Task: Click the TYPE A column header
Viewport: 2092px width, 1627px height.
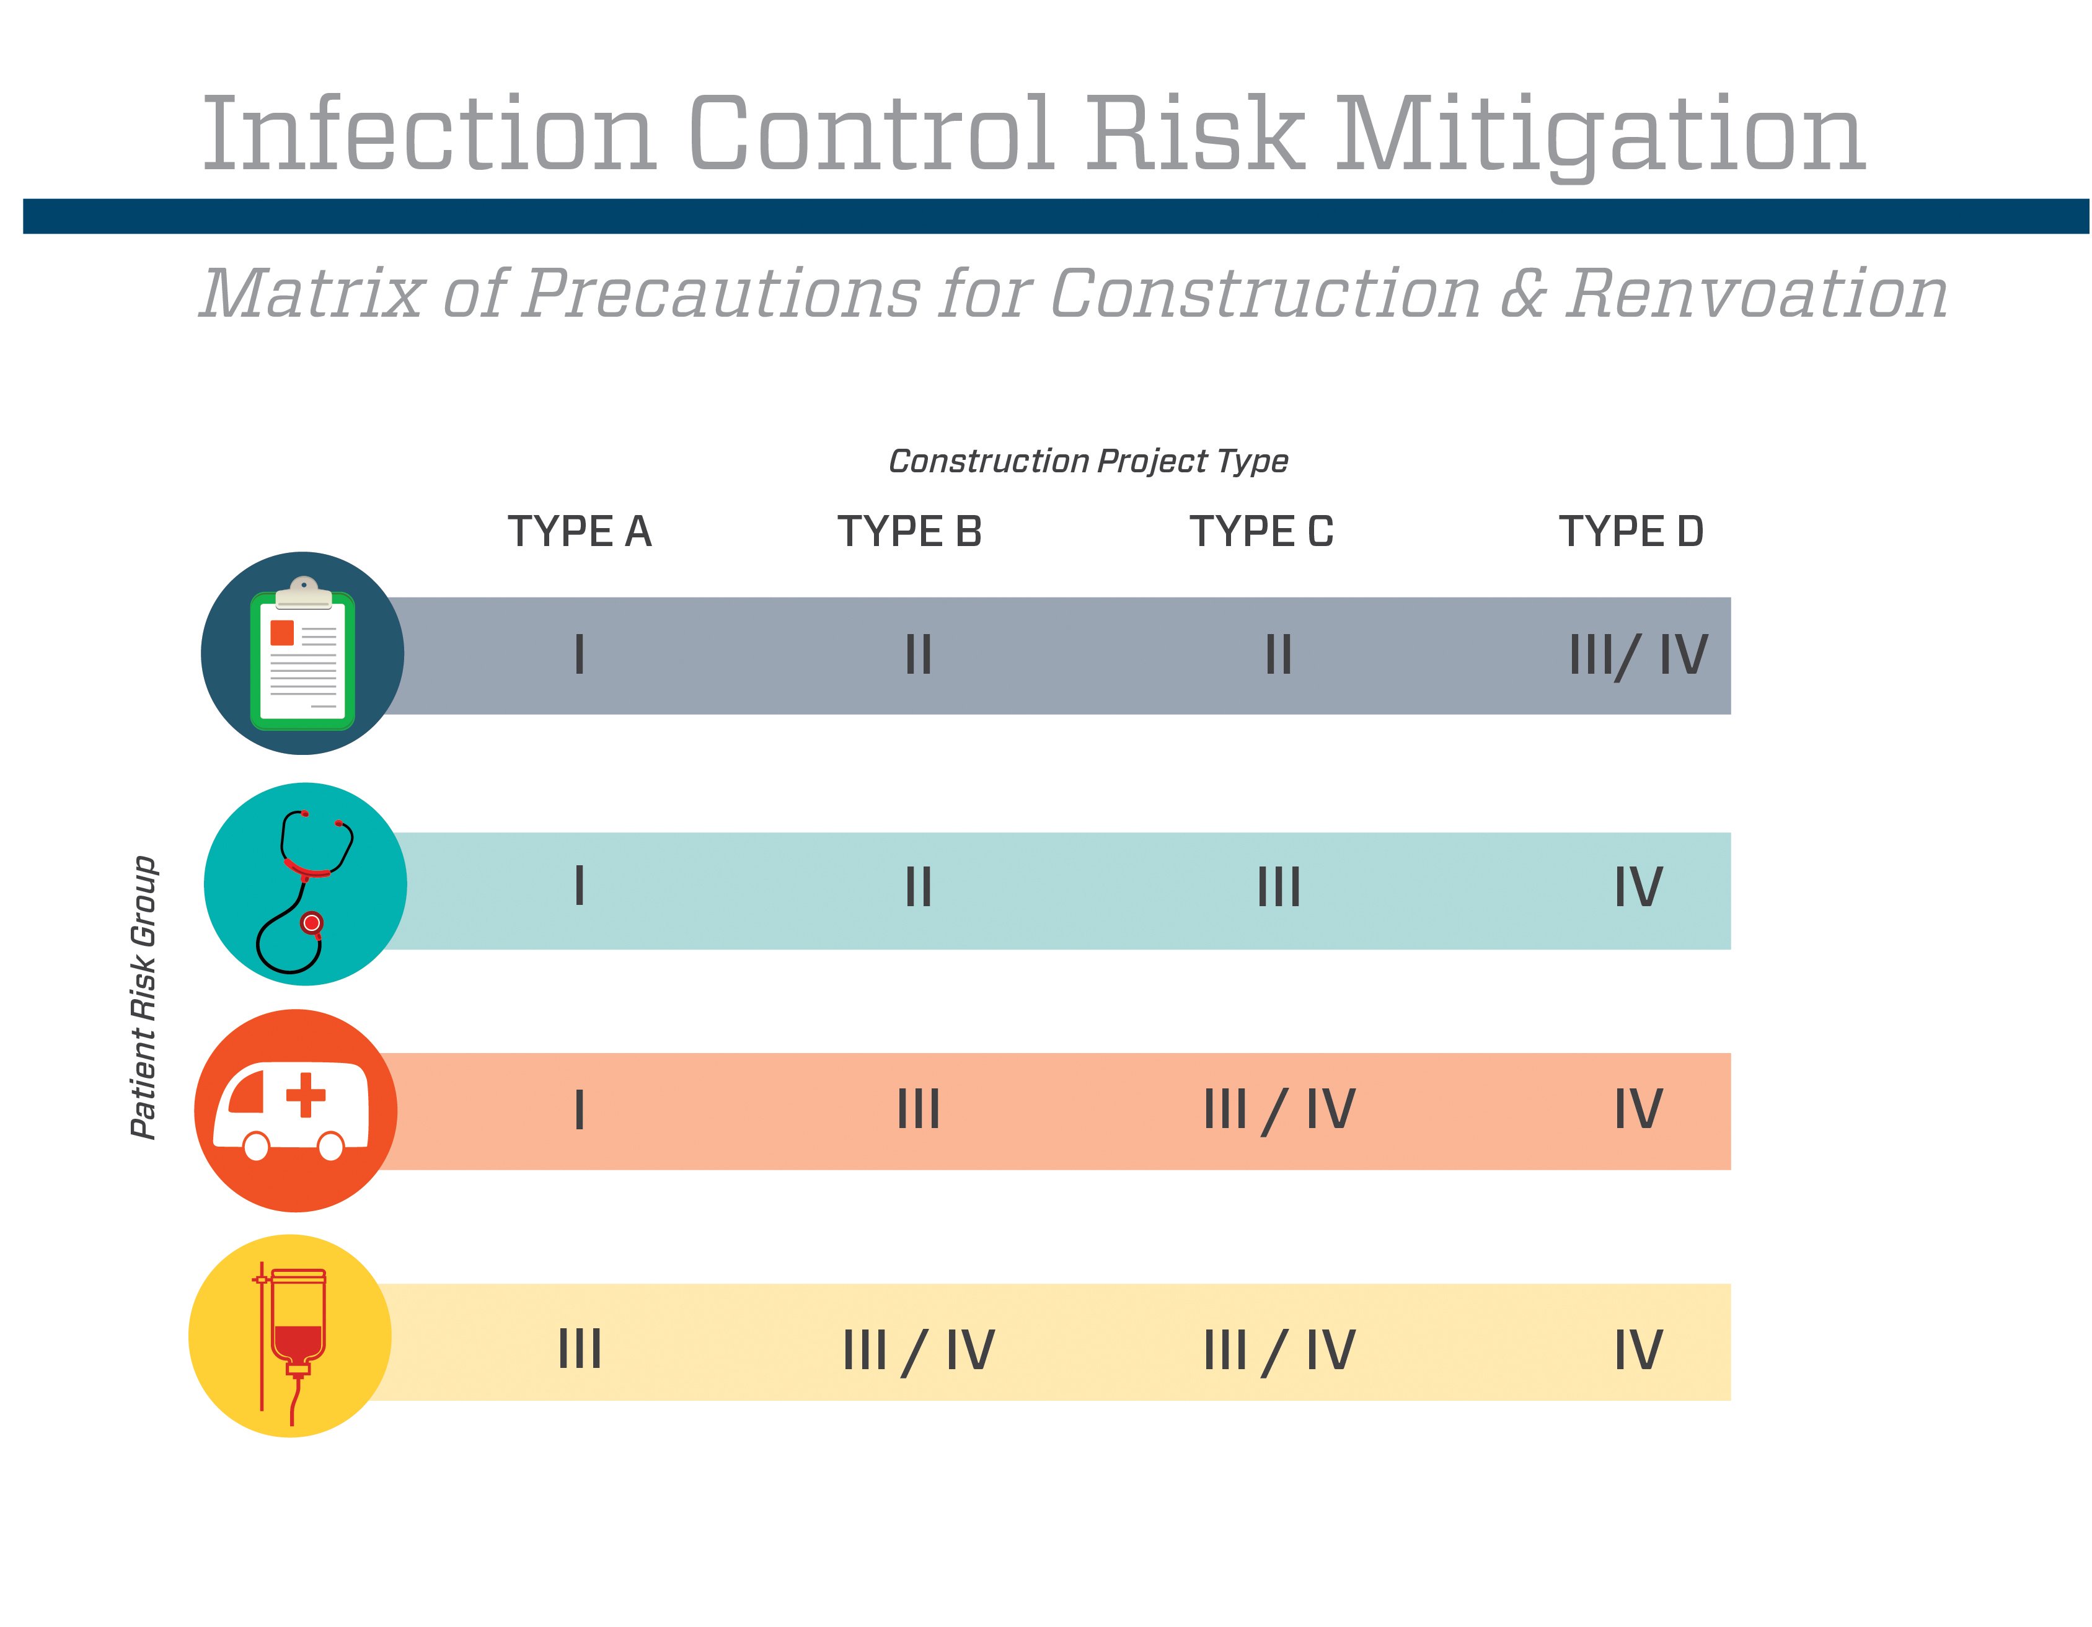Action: coord(580,531)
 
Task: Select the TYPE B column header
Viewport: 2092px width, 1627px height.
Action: coord(910,531)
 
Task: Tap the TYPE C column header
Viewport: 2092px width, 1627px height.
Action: coord(1261,531)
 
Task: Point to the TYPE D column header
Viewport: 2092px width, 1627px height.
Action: coord(1631,531)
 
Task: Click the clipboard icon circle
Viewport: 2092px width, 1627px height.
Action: coord(302,653)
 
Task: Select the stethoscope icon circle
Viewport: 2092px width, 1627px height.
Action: coord(306,884)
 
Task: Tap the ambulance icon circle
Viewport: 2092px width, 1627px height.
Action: coord(296,1111)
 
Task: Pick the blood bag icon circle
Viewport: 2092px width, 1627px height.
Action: coord(290,1336)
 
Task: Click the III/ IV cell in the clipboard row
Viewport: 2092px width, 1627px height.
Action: coord(1638,656)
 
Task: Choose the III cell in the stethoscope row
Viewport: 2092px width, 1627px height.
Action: coord(1279,887)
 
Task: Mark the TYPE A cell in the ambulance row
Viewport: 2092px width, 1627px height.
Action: coord(580,1111)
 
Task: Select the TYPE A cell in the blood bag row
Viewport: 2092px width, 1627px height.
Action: coord(580,1349)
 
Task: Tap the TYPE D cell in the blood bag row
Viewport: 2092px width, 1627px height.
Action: coord(1638,1350)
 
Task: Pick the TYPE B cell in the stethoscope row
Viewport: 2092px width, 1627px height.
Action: coord(917,887)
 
